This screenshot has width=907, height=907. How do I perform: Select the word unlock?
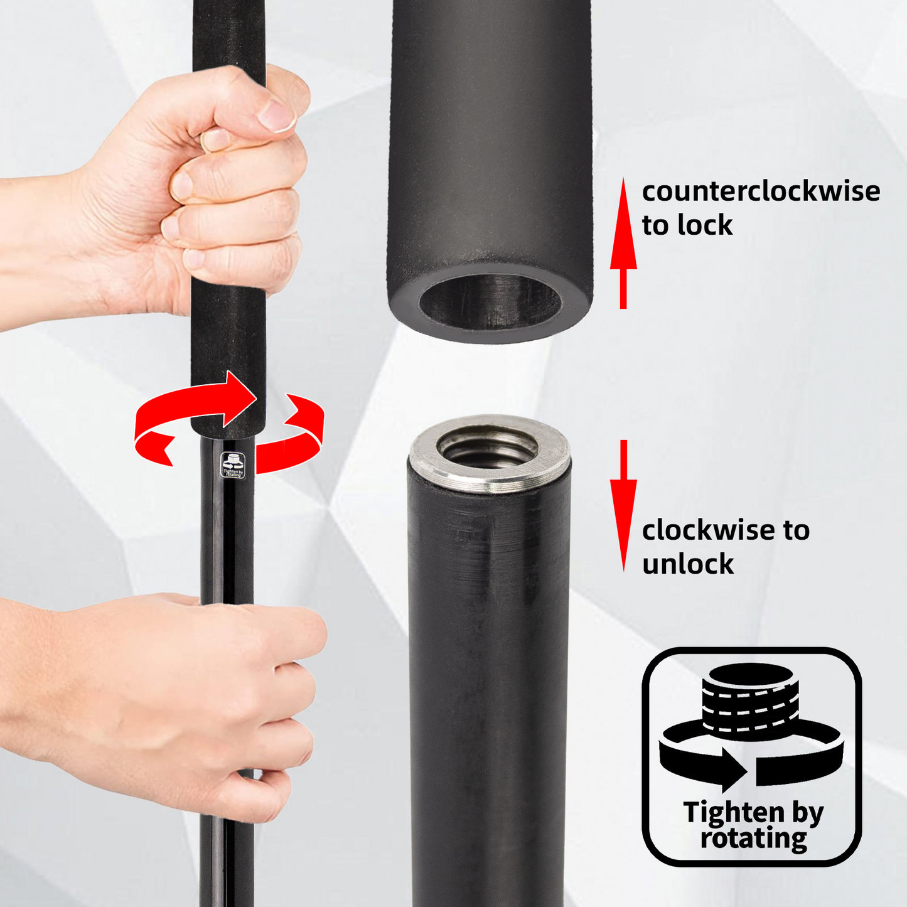[x=688, y=564]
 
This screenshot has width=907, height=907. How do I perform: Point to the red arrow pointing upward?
[x=623, y=243]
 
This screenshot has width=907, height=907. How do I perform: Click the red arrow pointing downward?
[x=624, y=506]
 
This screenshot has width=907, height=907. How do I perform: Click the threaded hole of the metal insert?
[x=488, y=446]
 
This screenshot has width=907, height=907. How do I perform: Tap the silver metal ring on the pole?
[x=490, y=453]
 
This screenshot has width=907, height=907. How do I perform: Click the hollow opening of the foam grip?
[x=490, y=302]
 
